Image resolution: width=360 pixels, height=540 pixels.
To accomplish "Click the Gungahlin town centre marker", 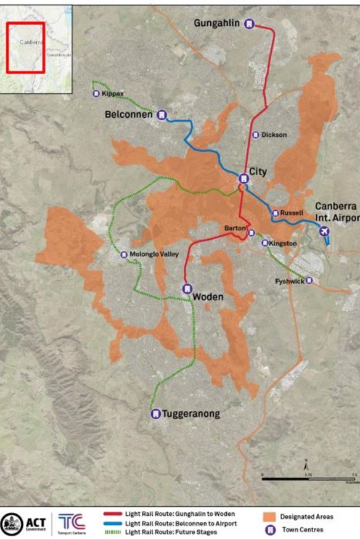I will pyautogui.click(x=249, y=24).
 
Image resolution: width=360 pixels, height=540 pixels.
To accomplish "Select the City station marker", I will pyautogui.click(x=243, y=179).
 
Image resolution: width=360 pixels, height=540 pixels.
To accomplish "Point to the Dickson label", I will pyautogui.click(x=274, y=135).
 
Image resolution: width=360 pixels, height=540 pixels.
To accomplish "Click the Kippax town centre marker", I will pyautogui.click(x=97, y=94).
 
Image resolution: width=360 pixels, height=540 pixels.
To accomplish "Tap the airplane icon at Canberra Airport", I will pyautogui.click(x=325, y=231).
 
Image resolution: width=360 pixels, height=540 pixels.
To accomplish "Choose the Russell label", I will pyautogui.click(x=292, y=213).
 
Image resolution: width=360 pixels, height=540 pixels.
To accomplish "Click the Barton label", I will pyautogui.click(x=235, y=229).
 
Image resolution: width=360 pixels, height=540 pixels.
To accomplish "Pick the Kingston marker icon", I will pyautogui.click(x=265, y=243).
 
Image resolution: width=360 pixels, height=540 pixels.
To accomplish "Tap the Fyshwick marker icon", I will pyautogui.click(x=309, y=280).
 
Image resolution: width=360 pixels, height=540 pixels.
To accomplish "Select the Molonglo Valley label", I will pyautogui.click(x=155, y=255).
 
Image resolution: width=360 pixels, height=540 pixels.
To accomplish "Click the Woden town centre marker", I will pyautogui.click(x=186, y=288).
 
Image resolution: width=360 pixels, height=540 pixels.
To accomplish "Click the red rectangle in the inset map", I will pyautogui.click(x=27, y=48).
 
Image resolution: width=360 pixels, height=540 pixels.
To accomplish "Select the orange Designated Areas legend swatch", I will pyautogui.click(x=269, y=517).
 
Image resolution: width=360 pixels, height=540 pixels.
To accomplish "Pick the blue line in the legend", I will pyautogui.click(x=113, y=523).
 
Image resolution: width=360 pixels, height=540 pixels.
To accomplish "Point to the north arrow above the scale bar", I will pyautogui.click(x=306, y=465).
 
